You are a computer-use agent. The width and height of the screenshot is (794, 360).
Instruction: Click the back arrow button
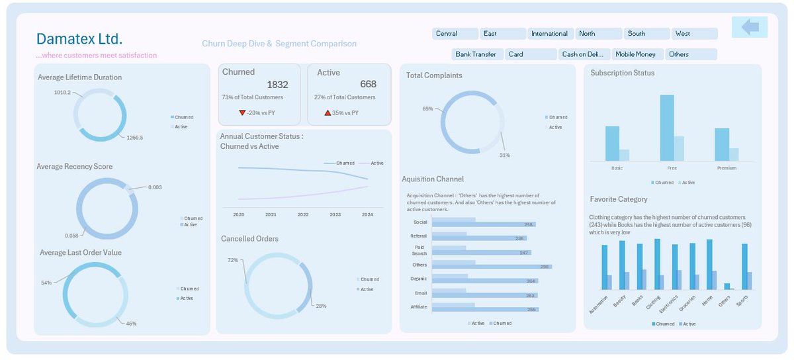pos(750,27)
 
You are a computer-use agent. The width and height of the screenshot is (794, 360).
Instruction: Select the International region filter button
pos(549,34)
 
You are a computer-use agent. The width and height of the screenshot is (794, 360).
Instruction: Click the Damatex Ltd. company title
pos(79,38)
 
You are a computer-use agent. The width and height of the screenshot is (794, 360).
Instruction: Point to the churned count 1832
pos(277,85)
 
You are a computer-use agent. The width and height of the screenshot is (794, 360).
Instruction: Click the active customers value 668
pos(368,84)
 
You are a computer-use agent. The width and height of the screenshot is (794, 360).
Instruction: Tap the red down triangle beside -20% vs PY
pos(242,113)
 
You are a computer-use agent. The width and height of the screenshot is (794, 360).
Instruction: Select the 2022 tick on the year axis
pos(303,214)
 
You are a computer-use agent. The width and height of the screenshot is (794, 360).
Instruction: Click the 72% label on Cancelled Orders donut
pos(233,261)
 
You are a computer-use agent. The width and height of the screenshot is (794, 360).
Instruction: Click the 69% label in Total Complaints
pos(427,109)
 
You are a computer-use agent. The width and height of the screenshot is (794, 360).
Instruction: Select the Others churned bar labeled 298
pos(513,267)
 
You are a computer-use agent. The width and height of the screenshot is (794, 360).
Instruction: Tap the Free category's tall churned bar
pos(667,127)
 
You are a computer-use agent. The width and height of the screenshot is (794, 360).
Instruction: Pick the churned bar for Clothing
pos(657,264)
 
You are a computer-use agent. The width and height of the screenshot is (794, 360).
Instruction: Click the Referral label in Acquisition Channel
pos(419,236)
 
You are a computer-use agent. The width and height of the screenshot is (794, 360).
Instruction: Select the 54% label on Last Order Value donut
pos(46,283)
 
